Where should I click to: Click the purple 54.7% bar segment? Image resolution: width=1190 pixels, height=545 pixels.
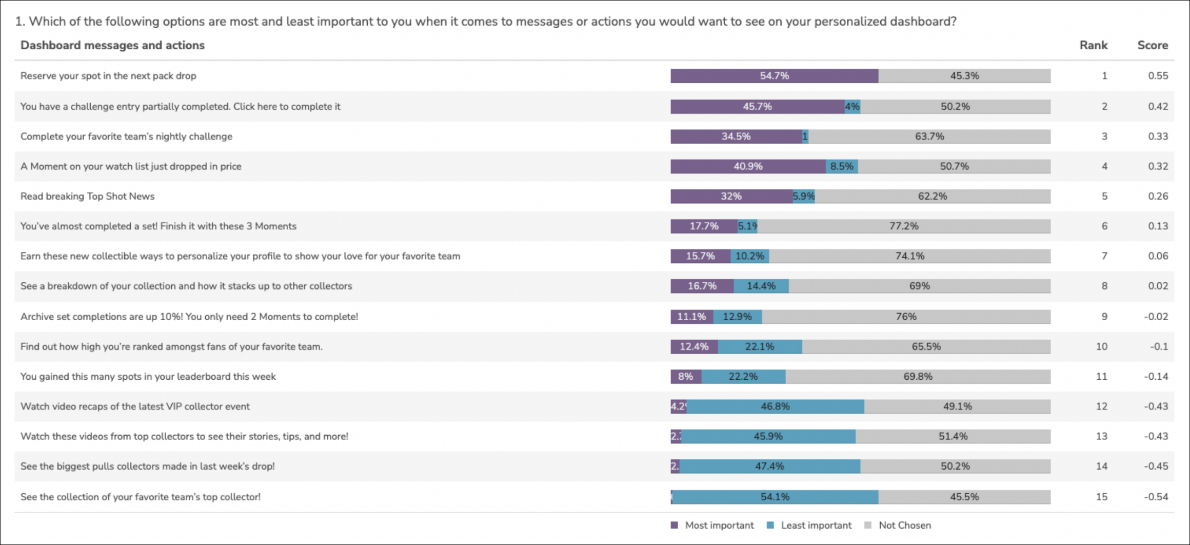(774, 76)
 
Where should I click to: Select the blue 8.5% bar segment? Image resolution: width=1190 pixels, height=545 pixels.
(842, 166)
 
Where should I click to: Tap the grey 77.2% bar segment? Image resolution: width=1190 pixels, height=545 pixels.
(904, 226)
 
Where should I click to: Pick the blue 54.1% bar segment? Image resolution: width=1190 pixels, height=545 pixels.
(775, 497)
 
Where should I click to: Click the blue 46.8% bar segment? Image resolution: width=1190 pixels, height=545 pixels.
(775, 406)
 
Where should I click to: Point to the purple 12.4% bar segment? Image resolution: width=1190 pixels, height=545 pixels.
(694, 347)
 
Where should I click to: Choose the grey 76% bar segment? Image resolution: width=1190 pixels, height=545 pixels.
(906, 317)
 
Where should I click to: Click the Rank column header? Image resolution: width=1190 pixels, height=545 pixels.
(1093, 45)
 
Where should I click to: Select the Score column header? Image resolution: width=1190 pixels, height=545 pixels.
(1152, 45)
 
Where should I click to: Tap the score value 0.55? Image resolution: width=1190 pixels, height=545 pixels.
(1158, 76)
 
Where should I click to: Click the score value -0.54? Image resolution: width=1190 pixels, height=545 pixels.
(1156, 497)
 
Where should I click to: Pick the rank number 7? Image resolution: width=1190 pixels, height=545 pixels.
(1104, 256)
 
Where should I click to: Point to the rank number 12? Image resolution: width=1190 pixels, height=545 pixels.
(1101, 406)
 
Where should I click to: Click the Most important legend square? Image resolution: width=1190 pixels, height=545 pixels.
(675, 525)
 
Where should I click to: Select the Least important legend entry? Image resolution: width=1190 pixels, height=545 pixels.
(816, 525)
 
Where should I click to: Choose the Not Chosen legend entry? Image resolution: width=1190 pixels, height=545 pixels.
(904, 525)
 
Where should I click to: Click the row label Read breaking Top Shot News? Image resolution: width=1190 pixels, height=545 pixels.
(87, 196)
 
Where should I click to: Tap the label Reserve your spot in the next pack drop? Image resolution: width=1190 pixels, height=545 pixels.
(108, 76)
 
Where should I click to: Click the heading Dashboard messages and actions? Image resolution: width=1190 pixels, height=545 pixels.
(112, 45)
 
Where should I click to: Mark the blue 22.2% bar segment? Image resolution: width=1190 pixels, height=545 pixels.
(743, 377)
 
